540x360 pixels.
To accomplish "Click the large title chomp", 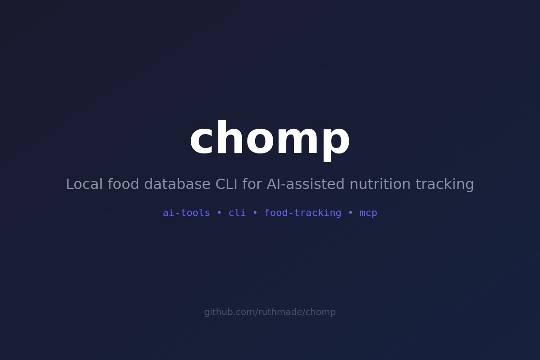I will pos(270,139).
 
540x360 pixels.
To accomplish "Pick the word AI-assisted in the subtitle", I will pos(306,184).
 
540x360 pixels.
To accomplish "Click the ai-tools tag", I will pos(186,213).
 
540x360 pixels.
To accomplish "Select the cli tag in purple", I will pos(237,213).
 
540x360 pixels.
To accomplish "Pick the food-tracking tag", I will pos(302,213).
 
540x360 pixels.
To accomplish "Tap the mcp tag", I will pos(368,213).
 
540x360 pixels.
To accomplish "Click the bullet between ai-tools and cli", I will pos(219,213).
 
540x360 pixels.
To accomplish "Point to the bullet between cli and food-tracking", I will pos(255,213).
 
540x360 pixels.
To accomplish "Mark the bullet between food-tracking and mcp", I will pos(351,213).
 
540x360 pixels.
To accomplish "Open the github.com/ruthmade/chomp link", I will pos(270,312).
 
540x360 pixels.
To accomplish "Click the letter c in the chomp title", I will pos(202,140).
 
